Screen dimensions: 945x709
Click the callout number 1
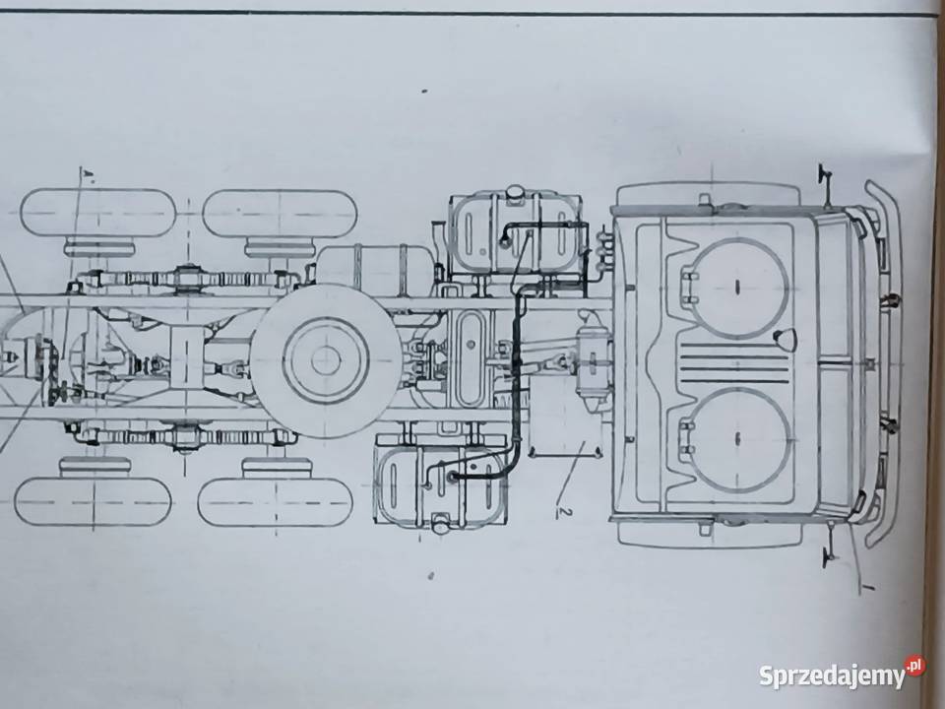click(x=866, y=586)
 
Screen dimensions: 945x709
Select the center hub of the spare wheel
click(x=326, y=360)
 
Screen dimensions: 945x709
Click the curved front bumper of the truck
click(x=884, y=361)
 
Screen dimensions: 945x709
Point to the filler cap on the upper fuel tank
click(x=515, y=192)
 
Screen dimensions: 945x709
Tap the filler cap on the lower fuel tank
click(x=440, y=524)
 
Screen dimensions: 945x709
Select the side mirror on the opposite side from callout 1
click(x=825, y=181)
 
